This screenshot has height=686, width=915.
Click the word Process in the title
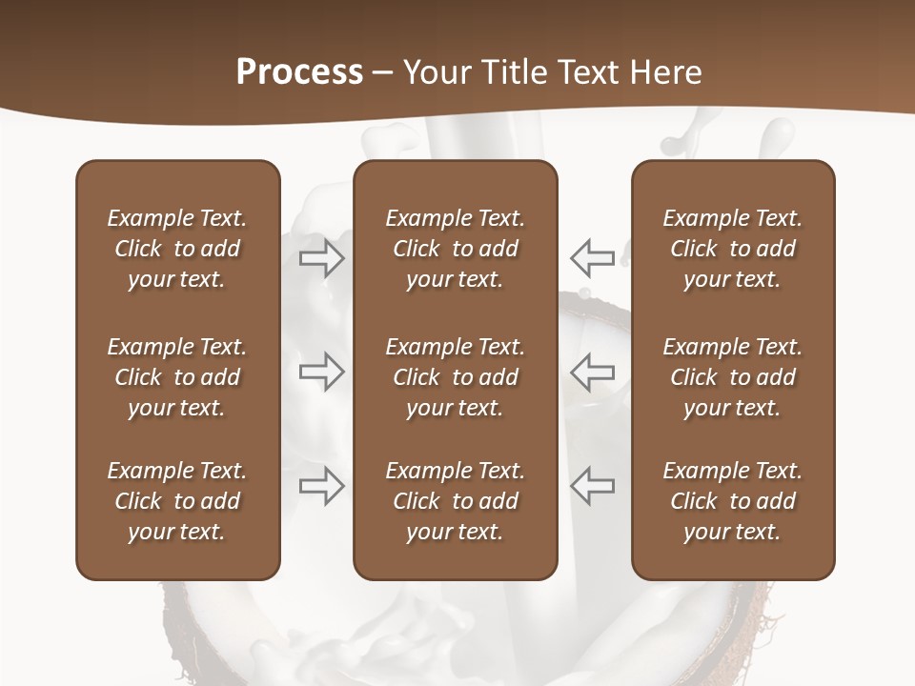point(299,72)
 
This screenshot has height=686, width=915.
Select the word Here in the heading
point(664,72)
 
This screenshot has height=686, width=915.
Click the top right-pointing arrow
point(321,257)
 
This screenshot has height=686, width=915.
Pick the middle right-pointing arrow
point(321,371)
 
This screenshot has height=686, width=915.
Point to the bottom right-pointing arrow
point(321,485)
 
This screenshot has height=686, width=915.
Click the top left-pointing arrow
point(592,257)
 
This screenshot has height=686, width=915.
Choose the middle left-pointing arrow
point(592,371)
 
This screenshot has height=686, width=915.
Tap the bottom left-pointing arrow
point(592,485)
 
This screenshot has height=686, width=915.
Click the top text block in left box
point(177,249)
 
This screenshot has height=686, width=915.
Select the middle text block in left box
point(177,377)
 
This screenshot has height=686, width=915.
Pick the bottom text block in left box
point(177,501)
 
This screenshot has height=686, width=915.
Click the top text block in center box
point(456,249)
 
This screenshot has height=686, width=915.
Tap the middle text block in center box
point(456,377)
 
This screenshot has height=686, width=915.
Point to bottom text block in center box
point(456,501)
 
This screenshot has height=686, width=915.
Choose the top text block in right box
point(733,249)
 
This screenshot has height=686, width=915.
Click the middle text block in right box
point(733,377)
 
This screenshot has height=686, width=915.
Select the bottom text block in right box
point(733,501)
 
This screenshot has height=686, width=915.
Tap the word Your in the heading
point(434,72)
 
